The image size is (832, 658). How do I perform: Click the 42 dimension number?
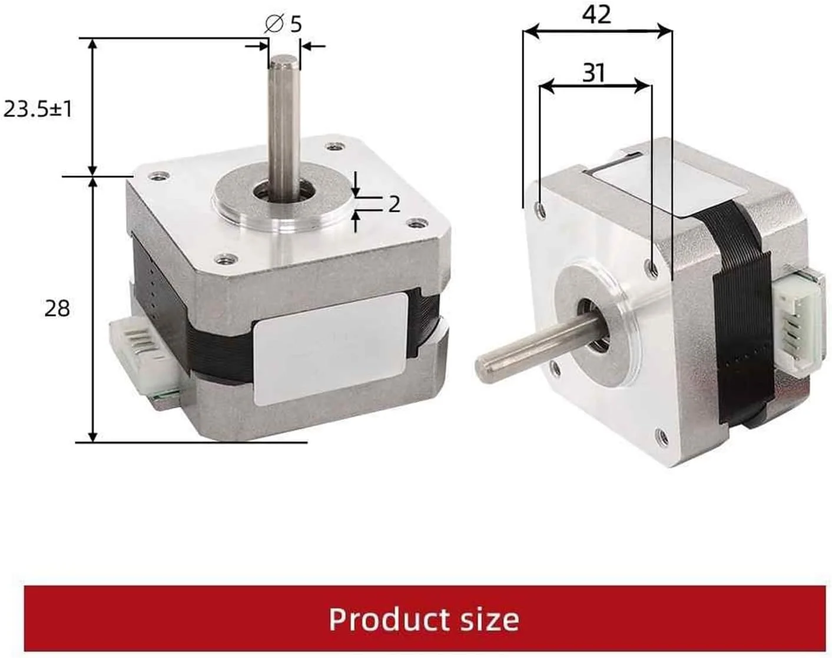(x=596, y=14)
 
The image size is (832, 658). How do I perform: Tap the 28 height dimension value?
(x=57, y=308)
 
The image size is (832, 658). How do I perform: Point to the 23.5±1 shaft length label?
(x=38, y=109)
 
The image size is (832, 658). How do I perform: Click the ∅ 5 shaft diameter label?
(x=283, y=24)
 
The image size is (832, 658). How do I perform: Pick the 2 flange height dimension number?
(x=394, y=204)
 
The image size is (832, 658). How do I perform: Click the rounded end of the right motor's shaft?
(x=484, y=369)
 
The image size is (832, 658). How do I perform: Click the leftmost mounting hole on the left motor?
(x=156, y=175)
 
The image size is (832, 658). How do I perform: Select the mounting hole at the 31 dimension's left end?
(x=540, y=208)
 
